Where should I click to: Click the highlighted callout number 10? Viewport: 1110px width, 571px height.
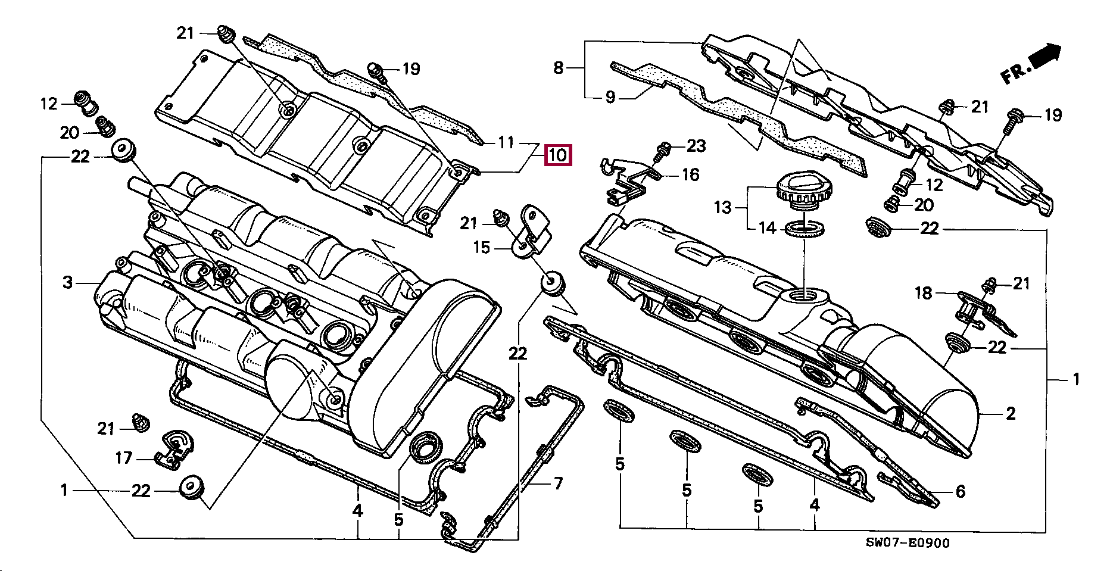pyautogui.click(x=558, y=155)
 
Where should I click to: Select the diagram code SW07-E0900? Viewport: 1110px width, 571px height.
pyautogui.click(x=908, y=542)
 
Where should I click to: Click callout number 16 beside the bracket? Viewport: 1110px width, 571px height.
pyautogui.click(x=690, y=174)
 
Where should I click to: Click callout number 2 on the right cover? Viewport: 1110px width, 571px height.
pyautogui.click(x=1010, y=413)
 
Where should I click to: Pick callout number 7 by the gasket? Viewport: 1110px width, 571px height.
pyautogui.click(x=558, y=483)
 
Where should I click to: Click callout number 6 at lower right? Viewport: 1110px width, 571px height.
pyautogui.click(x=960, y=491)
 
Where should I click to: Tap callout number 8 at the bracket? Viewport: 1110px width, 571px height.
pyautogui.click(x=558, y=67)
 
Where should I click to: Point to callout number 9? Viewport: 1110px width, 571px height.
pyautogui.click(x=610, y=96)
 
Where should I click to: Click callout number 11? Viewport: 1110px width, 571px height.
pyautogui.click(x=506, y=142)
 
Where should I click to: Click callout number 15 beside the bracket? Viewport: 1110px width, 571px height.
pyautogui.click(x=481, y=247)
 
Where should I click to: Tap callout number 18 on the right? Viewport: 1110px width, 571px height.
pyautogui.click(x=923, y=292)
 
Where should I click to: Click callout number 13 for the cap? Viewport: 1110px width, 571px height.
pyautogui.click(x=722, y=207)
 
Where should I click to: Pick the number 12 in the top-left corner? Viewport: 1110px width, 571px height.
pyautogui.click(x=49, y=104)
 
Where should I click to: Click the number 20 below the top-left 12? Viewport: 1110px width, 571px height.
pyautogui.click(x=70, y=132)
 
